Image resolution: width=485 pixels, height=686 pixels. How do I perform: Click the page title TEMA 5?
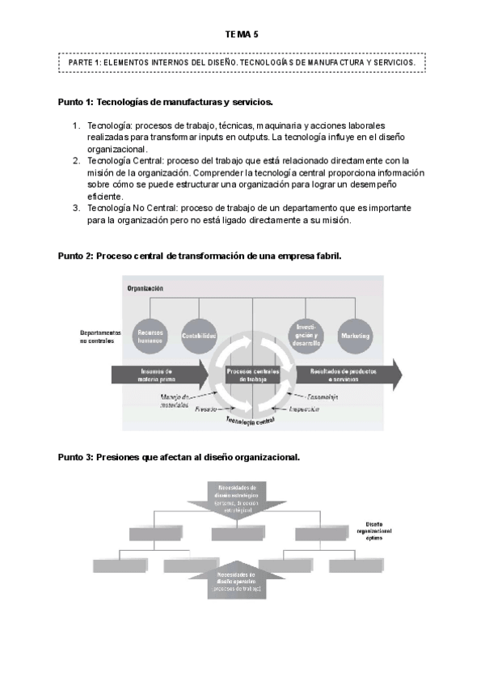[242, 34]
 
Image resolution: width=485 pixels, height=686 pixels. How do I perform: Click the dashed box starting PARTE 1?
[242, 61]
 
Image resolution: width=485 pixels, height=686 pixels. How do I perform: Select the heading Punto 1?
[166, 103]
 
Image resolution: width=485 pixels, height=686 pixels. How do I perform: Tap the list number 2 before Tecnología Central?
[76, 161]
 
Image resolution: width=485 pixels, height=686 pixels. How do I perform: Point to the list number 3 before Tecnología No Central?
[76, 208]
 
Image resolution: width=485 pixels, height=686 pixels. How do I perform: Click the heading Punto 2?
[200, 256]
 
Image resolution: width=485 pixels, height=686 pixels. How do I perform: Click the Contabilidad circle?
[199, 334]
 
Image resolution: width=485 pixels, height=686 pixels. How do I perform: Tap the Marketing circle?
[355, 335]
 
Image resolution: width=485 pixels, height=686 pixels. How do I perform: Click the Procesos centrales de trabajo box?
[253, 375]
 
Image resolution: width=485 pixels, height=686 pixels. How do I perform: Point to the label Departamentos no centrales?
[100, 336]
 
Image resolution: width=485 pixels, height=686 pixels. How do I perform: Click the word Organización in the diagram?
[145, 288]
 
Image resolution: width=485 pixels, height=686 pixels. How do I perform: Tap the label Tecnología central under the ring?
[252, 421]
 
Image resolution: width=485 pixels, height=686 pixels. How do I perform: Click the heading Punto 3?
[179, 457]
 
